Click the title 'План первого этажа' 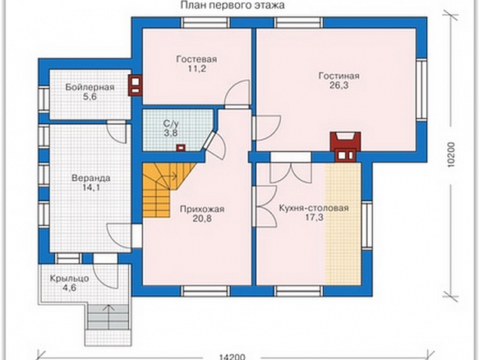233,5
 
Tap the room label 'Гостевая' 196,59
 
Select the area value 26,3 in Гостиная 338,85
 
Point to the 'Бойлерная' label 90,88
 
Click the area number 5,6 90,97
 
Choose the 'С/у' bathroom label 171,124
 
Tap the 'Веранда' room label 91,178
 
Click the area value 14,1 91,188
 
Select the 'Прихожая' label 202,209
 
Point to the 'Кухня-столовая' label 314,208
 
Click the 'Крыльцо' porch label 70,278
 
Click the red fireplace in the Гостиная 345,147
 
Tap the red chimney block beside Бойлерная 136,85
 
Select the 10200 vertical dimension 451,155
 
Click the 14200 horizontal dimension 233,357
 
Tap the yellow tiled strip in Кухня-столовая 343,224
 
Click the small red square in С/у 181,147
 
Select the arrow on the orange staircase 171,176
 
